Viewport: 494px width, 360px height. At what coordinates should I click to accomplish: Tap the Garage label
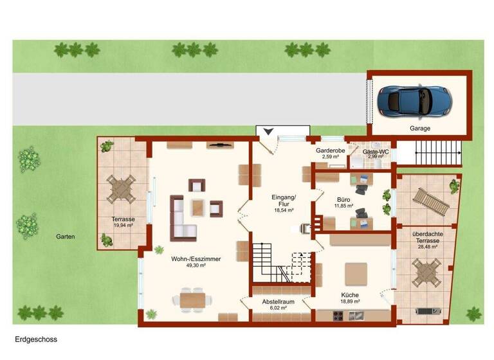point(420,129)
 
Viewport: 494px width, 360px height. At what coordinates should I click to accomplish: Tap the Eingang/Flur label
point(284,200)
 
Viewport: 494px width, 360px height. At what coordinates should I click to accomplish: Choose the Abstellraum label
point(278,301)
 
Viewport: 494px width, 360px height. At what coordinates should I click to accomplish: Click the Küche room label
point(350,294)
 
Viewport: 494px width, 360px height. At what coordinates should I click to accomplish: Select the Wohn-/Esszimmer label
point(196,259)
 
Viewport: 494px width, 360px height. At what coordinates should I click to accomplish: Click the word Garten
point(65,237)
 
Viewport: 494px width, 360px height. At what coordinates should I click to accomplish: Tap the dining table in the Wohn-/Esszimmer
point(192,300)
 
